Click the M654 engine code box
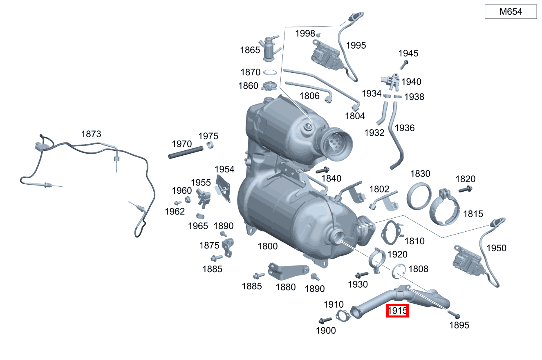(x=511, y=12)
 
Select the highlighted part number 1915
(x=398, y=311)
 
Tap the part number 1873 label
(x=91, y=134)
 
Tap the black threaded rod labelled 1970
(x=186, y=152)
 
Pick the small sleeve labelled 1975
(x=210, y=145)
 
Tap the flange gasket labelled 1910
(x=343, y=315)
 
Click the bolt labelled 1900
(x=326, y=320)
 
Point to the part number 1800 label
(x=267, y=246)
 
